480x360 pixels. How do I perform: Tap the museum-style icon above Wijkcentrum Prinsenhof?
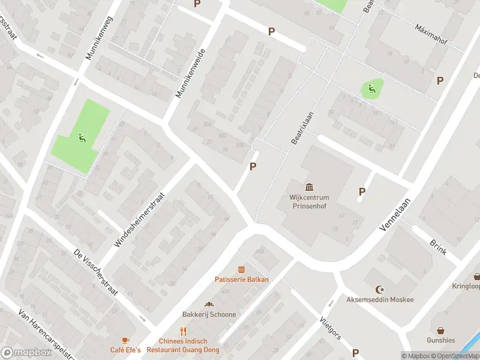pos(310,187)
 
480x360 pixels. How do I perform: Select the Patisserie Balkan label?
pos(242,279)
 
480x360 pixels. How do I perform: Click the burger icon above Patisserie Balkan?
pos(242,269)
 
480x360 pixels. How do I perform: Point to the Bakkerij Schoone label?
pos(209,314)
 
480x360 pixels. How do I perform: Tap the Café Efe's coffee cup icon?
pos(125,340)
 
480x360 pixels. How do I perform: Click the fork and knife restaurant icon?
pos(183,331)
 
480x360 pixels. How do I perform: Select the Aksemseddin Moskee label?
pos(380,299)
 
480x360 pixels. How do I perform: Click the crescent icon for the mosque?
pos(379,289)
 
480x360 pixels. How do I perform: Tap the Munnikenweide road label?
pos(191,74)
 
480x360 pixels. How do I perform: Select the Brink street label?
pos(438,247)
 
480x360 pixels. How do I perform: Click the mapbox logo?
pos(26,353)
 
